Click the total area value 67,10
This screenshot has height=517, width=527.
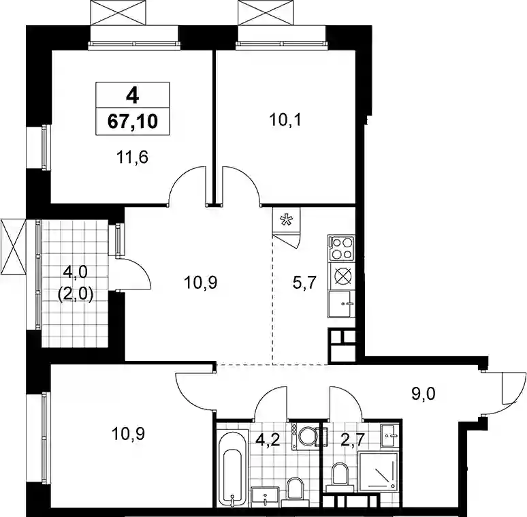pyautogui.click(x=132, y=121)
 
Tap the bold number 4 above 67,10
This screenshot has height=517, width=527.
pyautogui.click(x=132, y=96)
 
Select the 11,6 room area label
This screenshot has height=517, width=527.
pyautogui.click(x=132, y=157)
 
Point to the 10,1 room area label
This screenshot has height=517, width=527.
pyautogui.click(x=285, y=120)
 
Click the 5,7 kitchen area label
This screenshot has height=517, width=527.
pyautogui.click(x=305, y=283)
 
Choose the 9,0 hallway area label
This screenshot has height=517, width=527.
pyautogui.click(x=424, y=393)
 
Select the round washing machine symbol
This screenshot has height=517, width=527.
pyautogui.click(x=306, y=437)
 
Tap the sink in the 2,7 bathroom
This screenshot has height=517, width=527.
pyautogui.click(x=390, y=436)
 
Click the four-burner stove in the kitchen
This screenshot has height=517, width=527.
pyautogui.click(x=342, y=249)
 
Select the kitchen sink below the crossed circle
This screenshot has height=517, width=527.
pyautogui.click(x=342, y=304)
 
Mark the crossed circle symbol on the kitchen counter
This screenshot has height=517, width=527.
pyautogui.click(x=342, y=277)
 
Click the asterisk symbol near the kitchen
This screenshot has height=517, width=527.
pyautogui.click(x=287, y=221)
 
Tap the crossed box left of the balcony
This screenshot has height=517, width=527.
pyautogui.click(x=13, y=247)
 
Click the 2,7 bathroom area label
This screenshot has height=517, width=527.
pyautogui.click(x=353, y=439)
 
